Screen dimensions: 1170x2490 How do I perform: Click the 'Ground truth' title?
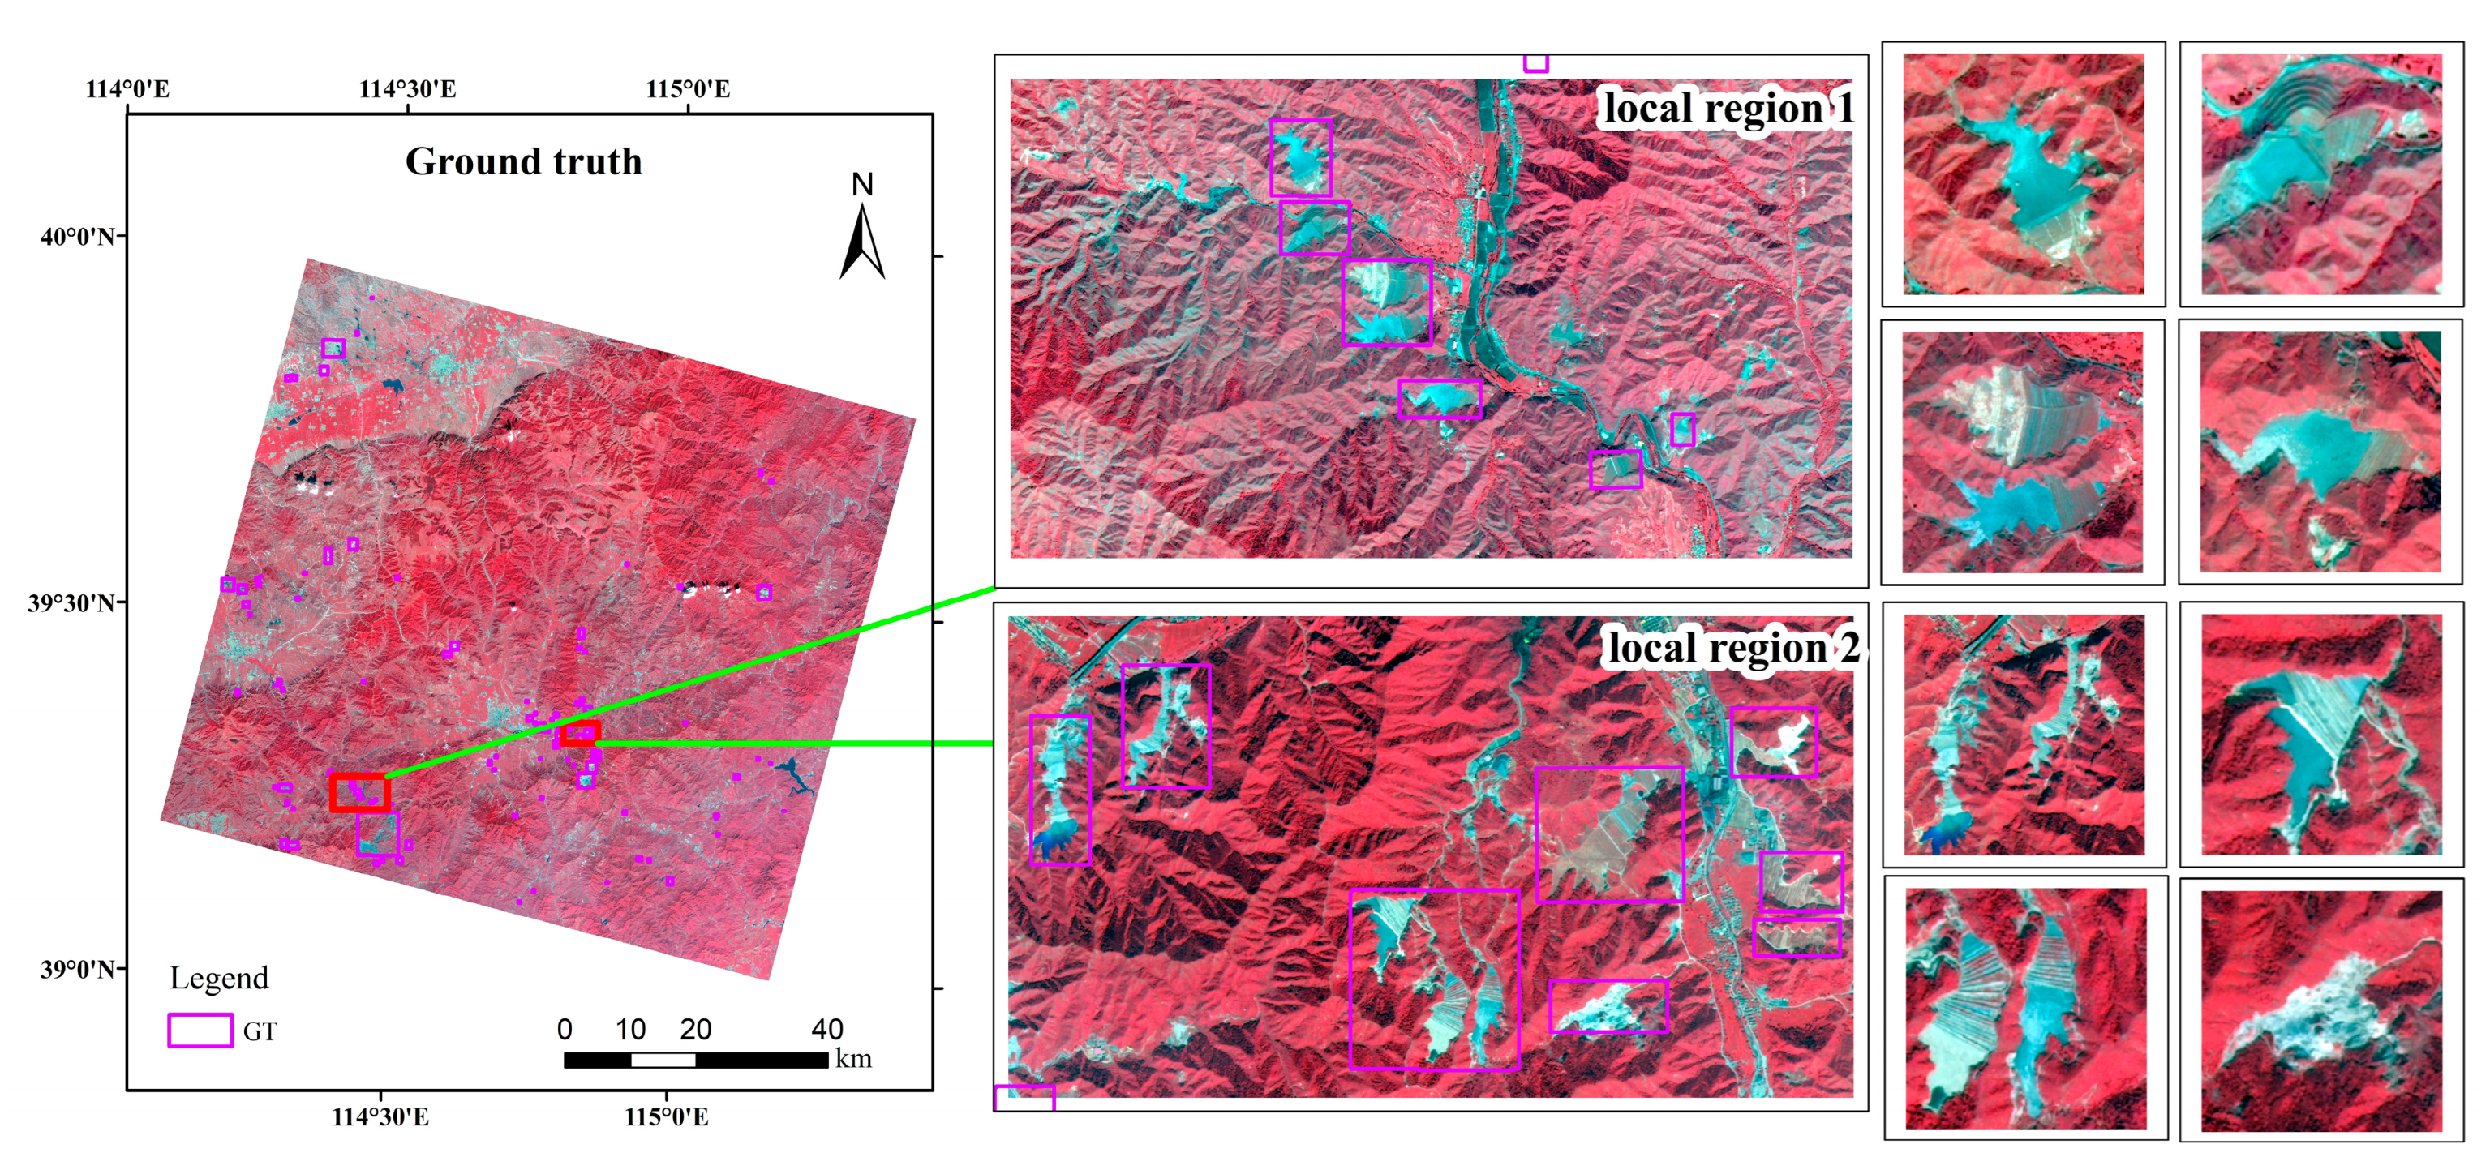tap(523, 161)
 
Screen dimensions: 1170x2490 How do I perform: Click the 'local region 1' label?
tap(1728, 108)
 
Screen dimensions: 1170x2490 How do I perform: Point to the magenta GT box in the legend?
tap(200, 1030)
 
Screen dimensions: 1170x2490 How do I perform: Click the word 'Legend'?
tap(218, 979)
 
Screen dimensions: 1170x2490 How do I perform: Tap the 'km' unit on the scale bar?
tap(853, 1059)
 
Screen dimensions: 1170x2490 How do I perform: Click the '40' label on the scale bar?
tap(826, 1030)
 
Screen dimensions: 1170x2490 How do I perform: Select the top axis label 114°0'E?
tap(127, 90)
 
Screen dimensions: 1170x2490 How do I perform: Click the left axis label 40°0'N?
tap(76, 237)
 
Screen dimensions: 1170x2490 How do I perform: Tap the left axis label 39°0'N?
tap(76, 969)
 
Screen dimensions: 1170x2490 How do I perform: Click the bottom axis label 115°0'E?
tap(666, 1118)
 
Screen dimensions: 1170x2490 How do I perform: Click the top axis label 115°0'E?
tap(689, 90)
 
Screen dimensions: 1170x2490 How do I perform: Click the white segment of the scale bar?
tap(663, 1060)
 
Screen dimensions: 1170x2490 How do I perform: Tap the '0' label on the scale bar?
tap(565, 1030)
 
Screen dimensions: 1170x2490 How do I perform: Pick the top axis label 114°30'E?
tap(407, 90)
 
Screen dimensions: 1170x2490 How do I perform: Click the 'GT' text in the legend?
tap(259, 1032)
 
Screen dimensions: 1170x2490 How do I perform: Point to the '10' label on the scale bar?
tap(630, 1030)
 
